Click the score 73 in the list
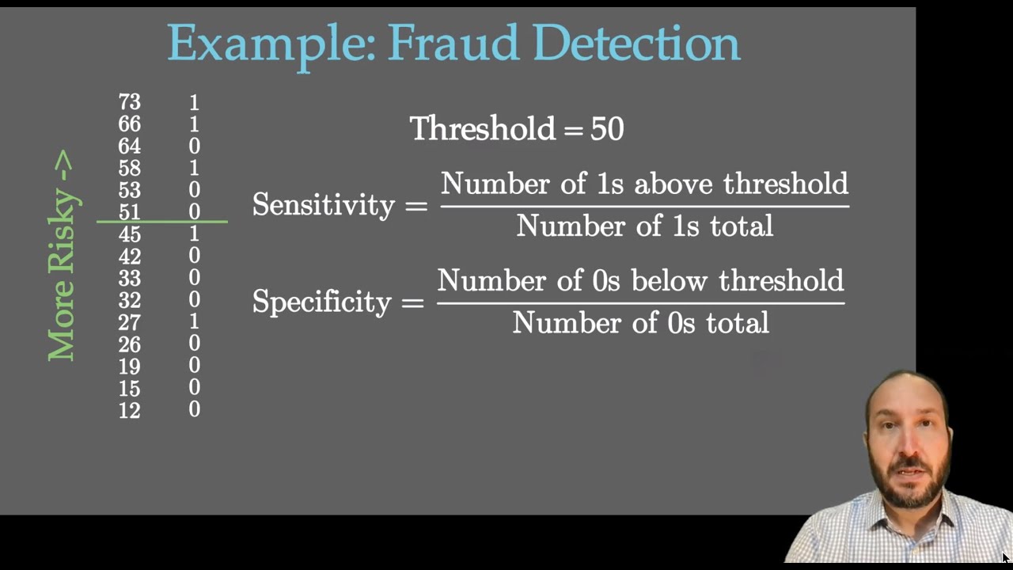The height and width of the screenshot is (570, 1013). [129, 102]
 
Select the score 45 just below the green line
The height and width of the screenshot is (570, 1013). [129, 234]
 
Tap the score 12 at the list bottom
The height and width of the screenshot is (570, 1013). [129, 410]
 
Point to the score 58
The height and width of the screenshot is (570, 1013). [129, 168]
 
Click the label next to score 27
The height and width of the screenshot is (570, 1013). [194, 321]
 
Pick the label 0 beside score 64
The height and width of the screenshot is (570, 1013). [194, 146]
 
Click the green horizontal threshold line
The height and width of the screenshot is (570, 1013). [162, 222]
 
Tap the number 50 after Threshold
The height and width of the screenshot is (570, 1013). [607, 129]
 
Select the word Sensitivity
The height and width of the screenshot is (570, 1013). [323, 205]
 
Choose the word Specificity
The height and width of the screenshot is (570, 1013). [321, 302]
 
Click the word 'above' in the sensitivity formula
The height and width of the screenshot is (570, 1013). [674, 184]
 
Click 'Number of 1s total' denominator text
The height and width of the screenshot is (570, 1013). [644, 226]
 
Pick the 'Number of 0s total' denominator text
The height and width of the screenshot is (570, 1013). [640, 323]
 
